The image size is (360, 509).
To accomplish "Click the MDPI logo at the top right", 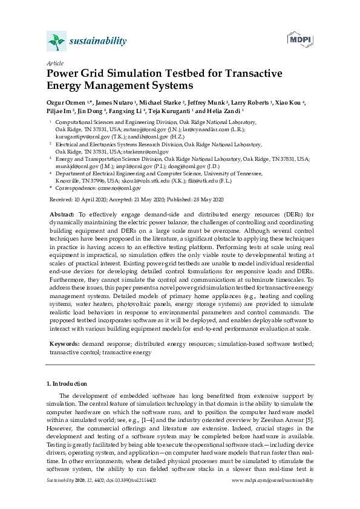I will pyautogui.click(x=300, y=40).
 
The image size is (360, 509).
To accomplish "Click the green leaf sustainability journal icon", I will pyautogui.click(x=56, y=42).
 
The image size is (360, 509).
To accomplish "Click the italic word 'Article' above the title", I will pyautogui.click(x=54, y=63).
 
